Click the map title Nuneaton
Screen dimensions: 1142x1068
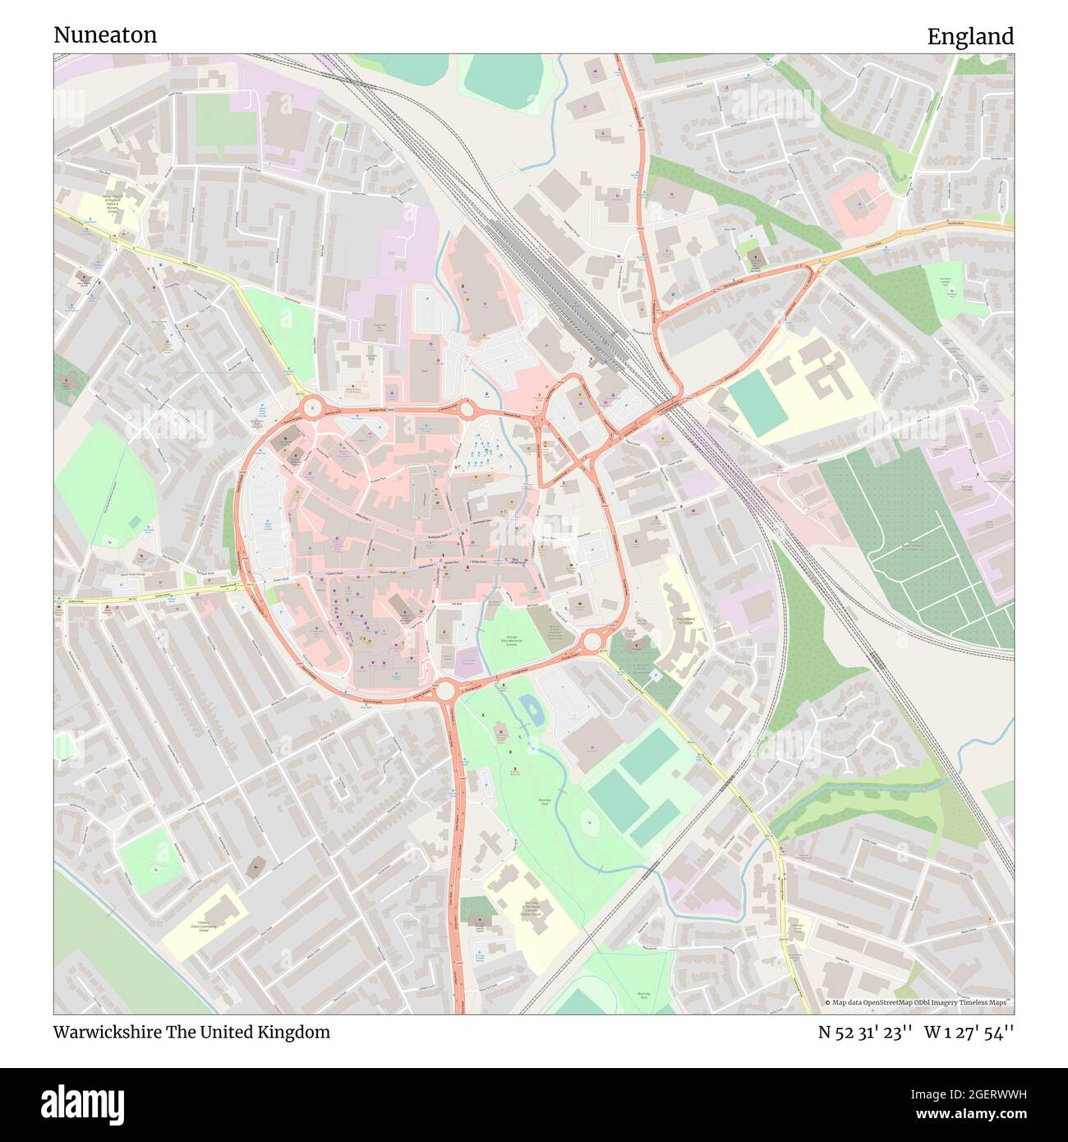point(105,35)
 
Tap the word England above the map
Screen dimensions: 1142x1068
point(970,37)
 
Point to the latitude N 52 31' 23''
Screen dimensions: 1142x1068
point(864,1032)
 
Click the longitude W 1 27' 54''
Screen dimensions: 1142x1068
point(969,1032)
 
